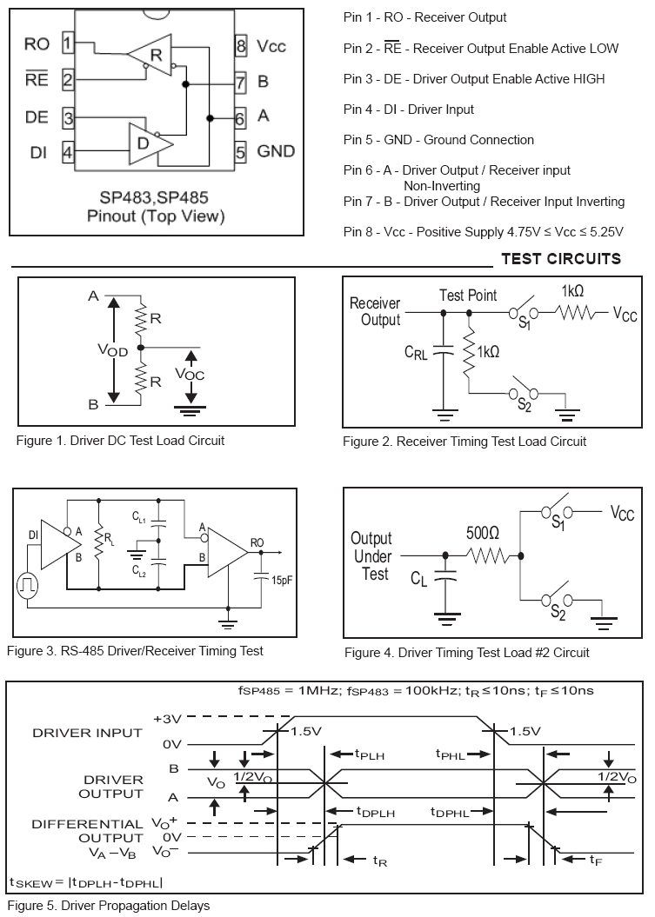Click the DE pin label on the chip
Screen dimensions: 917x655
(37, 117)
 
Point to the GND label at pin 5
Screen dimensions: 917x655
(276, 151)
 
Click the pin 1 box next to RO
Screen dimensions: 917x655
(68, 43)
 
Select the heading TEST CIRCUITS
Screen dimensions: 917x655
(561, 259)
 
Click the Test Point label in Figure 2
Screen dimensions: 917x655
(468, 296)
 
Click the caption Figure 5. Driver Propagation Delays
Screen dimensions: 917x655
(110, 906)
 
